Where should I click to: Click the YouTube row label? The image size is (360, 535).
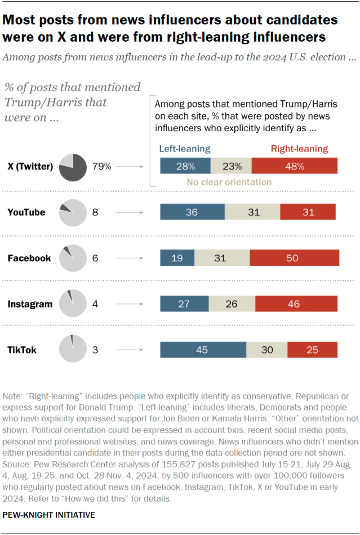[x=26, y=212]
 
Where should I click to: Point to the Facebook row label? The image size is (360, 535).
[x=29, y=258]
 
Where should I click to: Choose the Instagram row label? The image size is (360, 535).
[x=29, y=304]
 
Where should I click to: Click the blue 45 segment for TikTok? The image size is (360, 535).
[x=203, y=350]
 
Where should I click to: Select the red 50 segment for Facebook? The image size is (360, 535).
[x=294, y=258]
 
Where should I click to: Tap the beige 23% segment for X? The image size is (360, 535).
[x=231, y=166]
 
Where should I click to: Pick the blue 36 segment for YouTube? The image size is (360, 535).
[x=192, y=212]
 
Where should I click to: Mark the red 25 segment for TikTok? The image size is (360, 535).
[x=313, y=350]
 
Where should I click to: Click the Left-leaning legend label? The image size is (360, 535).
[x=184, y=149]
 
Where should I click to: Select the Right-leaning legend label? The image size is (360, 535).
[x=299, y=149]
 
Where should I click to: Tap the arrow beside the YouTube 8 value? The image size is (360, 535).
[x=131, y=212]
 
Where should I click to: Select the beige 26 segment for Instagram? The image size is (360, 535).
[x=232, y=304]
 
